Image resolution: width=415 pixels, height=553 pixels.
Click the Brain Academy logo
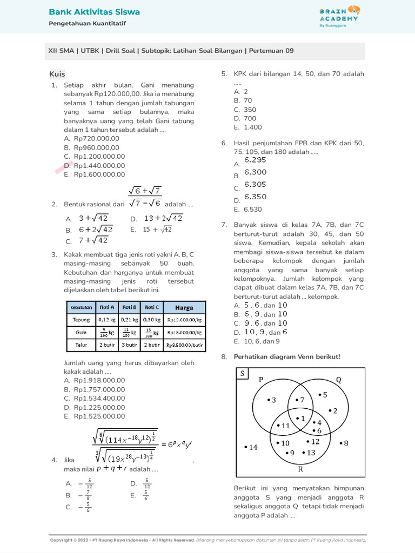pyautogui.click(x=338, y=15)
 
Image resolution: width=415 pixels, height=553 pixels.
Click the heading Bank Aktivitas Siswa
pyautogui.click(x=94, y=12)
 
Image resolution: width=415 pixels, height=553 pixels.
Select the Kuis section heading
pyautogui.click(x=57, y=74)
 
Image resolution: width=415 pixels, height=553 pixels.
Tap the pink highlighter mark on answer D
pyautogui.click(x=63, y=167)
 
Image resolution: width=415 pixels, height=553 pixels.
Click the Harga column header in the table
pyautogui.click(x=184, y=307)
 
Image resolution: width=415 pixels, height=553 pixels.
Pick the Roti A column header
pyautogui.click(x=106, y=307)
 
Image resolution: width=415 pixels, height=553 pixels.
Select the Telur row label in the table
pyautogui.click(x=81, y=344)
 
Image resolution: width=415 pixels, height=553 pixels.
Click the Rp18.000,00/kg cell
pyautogui.click(x=184, y=332)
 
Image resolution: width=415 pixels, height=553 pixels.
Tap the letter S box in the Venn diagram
pyautogui.click(x=243, y=374)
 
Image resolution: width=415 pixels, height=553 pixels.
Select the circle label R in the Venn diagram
pyautogui.click(x=300, y=469)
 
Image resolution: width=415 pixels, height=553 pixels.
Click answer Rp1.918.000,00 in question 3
pyautogui.click(x=99, y=380)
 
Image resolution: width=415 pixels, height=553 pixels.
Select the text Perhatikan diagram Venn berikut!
pyautogui.click(x=286, y=356)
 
